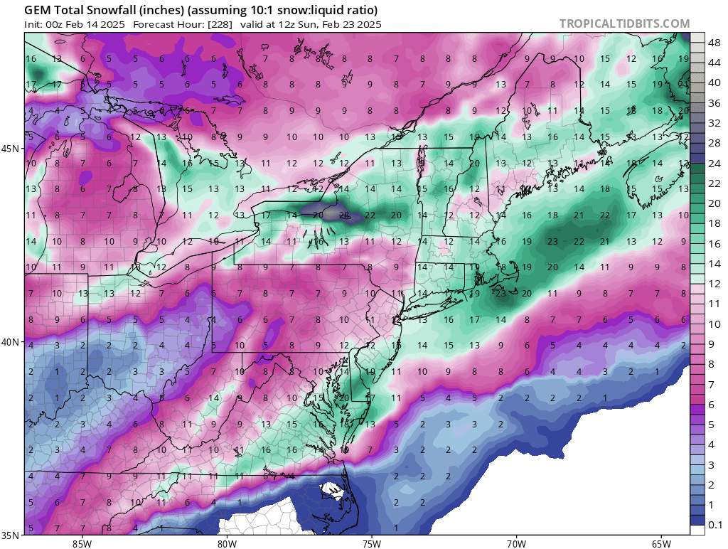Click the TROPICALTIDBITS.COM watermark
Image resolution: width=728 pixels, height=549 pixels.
point(624,23)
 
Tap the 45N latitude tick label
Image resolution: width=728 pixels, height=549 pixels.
point(11,149)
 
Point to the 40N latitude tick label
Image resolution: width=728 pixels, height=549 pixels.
point(11,342)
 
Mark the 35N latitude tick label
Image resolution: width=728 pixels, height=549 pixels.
point(11,535)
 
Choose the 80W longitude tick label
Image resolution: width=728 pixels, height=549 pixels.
point(227,543)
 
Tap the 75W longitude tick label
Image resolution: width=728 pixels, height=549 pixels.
point(371,543)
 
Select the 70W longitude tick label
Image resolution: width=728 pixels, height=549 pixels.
point(516,543)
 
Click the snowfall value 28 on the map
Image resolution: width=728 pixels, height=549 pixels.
point(343,215)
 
